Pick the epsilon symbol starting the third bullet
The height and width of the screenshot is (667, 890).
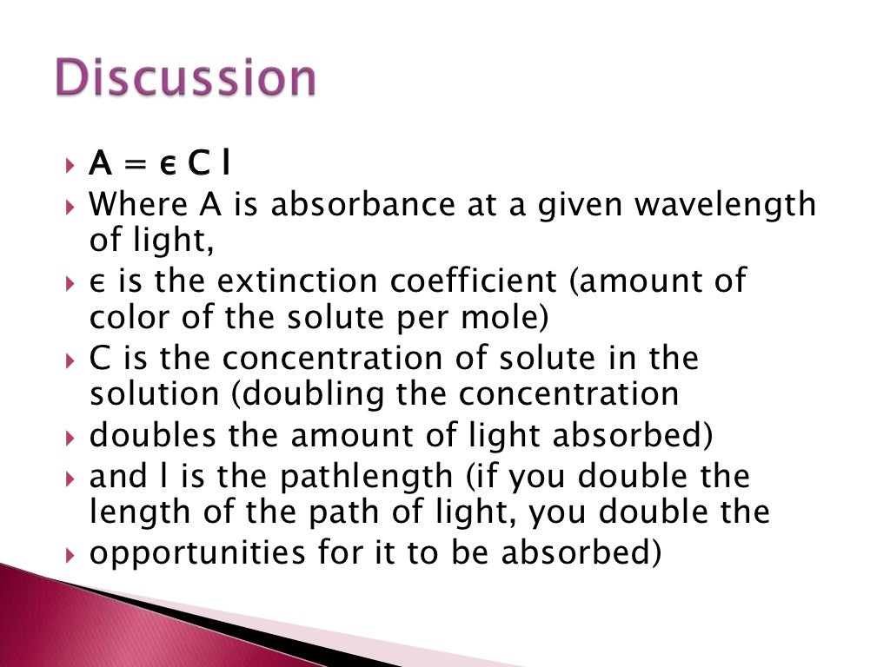96,283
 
